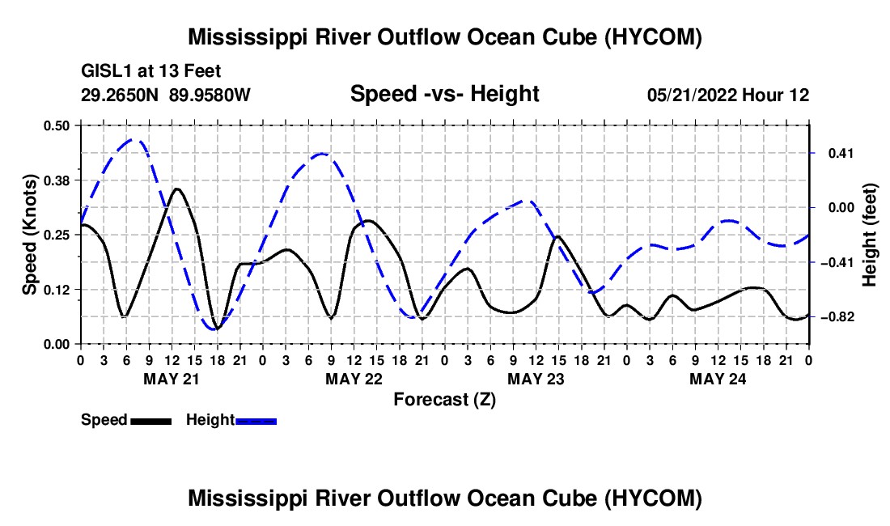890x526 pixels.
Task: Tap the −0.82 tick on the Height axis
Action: tap(837, 316)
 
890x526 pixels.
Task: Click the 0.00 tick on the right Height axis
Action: tap(841, 208)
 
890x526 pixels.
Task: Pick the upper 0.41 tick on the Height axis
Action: tap(841, 153)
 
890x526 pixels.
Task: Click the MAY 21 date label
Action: tap(172, 379)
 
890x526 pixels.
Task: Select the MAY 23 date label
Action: tap(536, 379)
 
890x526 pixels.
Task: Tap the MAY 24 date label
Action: tap(718, 379)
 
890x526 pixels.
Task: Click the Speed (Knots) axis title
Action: tap(30, 235)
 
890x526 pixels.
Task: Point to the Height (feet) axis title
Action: tap(870, 235)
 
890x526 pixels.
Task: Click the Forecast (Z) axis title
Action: tap(445, 400)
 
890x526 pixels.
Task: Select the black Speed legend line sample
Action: tap(151, 421)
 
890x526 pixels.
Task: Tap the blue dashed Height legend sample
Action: tap(256, 421)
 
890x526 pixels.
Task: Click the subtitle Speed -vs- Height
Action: tap(445, 94)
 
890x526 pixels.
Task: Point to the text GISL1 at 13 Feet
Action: tap(151, 71)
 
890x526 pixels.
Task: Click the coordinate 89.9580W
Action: tap(210, 95)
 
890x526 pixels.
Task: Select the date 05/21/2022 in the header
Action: tap(692, 95)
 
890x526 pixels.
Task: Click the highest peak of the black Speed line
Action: tap(177, 189)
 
